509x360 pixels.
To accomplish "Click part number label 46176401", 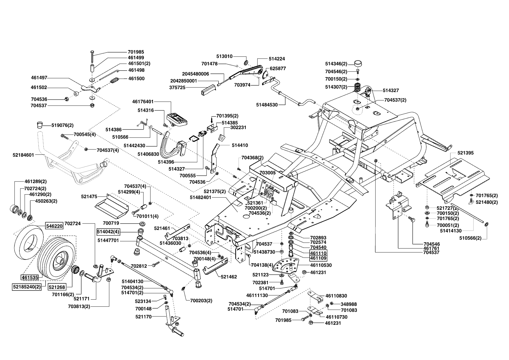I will click(x=143, y=102).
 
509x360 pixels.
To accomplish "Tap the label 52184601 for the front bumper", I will click(x=23, y=155).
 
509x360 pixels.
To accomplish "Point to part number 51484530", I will click(x=267, y=105).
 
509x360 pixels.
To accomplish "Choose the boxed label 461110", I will click(x=319, y=253).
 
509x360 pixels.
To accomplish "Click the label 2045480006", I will click(x=195, y=74).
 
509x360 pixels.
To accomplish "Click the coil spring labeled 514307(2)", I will click(x=358, y=87).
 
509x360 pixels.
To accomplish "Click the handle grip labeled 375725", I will click(x=207, y=89).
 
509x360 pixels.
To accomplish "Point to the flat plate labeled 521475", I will click(x=112, y=205).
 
